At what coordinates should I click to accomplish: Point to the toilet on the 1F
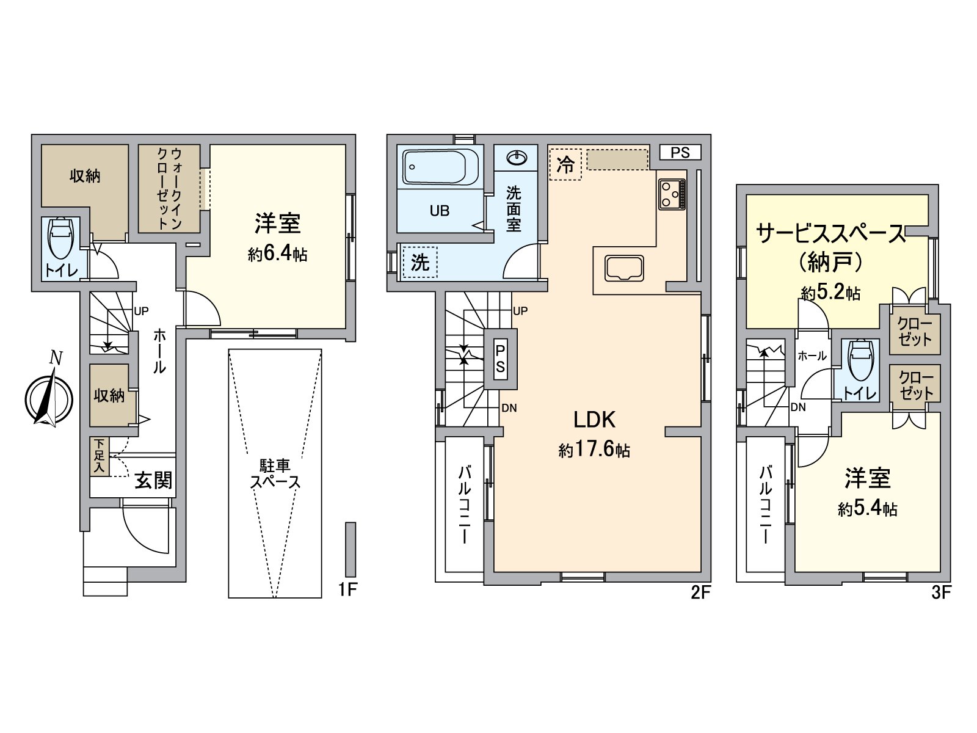coord(60,239)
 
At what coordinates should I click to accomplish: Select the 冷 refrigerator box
coord(565,164)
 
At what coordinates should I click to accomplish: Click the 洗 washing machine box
coord(420,263)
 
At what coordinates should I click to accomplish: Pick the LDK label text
coord(594,420)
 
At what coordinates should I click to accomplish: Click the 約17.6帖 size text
coord(594,451)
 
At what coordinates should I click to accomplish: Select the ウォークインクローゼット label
coord(169,188)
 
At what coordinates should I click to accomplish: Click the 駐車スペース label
coord(275,475)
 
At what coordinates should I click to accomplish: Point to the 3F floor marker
coord(941,592)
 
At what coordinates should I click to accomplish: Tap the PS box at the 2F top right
coord(680,153)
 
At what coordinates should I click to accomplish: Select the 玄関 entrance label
coord(153,481)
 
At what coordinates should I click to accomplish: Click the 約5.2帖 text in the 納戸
coord(830,293)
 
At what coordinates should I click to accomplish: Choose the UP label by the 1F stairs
coord(141,311)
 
